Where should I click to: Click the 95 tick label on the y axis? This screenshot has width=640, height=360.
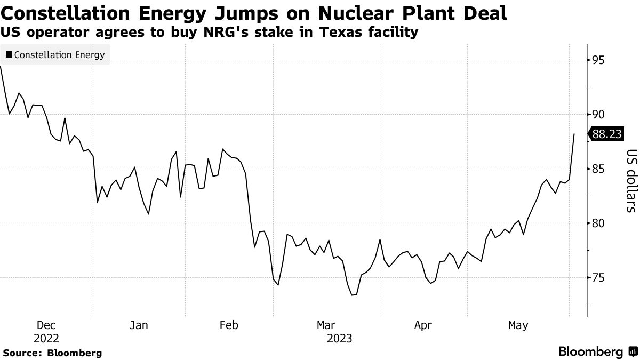tap(598, 60)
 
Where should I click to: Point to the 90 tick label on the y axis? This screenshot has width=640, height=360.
tap(598, 114)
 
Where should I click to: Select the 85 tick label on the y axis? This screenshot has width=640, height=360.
tap(598, 169)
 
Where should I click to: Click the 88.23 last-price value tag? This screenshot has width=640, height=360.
tap(606, 134)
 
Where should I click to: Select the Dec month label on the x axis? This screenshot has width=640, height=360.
tap(46, 325)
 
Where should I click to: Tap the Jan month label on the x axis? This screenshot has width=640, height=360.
tap(139, 325)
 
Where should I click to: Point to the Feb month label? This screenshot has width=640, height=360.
tap(229, 325)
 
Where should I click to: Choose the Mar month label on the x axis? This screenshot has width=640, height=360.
tap(326, 325)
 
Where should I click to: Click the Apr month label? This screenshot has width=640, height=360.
tap(422, 325)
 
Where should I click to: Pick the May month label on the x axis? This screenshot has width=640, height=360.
tap(518, 325)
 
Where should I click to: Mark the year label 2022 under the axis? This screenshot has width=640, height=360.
tap(46, 338)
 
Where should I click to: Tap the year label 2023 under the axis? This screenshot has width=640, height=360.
tap(339, 338)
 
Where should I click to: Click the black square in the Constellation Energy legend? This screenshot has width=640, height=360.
tap(9, 55)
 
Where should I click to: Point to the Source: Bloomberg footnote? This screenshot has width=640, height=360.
tap(52, 353)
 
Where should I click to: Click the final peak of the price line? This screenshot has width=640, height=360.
tap(574, 134)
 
